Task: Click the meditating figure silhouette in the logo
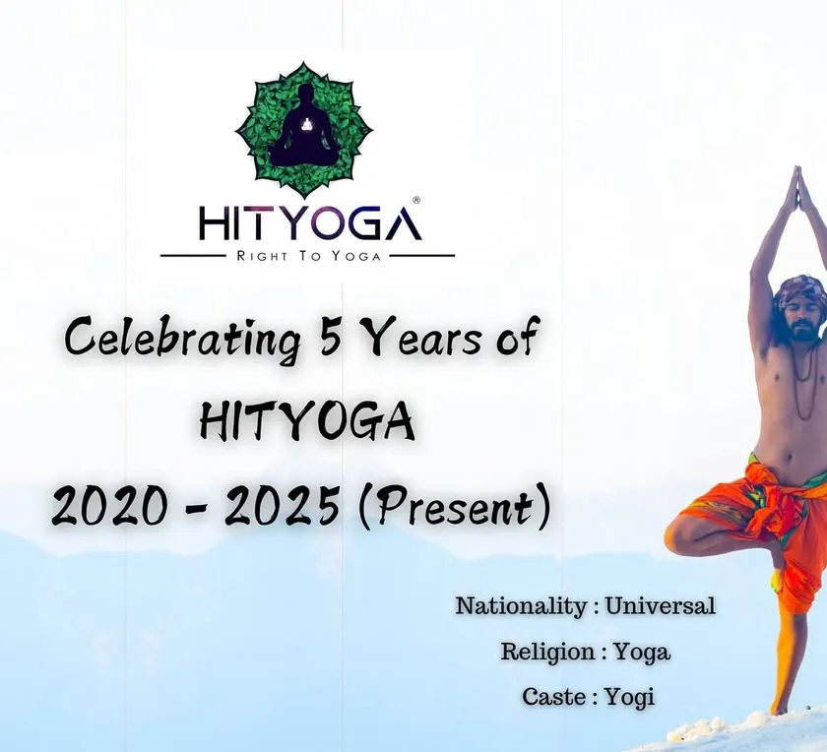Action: [x=302, y=127]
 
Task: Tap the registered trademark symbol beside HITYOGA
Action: [x=416, y=201]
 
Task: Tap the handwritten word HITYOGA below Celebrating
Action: [x=307, y=422]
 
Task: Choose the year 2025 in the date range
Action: [x=282, y=505]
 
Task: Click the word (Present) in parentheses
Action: [x=454, y=506]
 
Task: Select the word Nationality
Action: [x=521, y=606]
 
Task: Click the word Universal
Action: [x=660, y=605]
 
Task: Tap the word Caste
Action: [x=553, y=697]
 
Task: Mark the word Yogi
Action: [x=629, y=698]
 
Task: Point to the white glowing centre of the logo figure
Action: [x=306, y=124]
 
